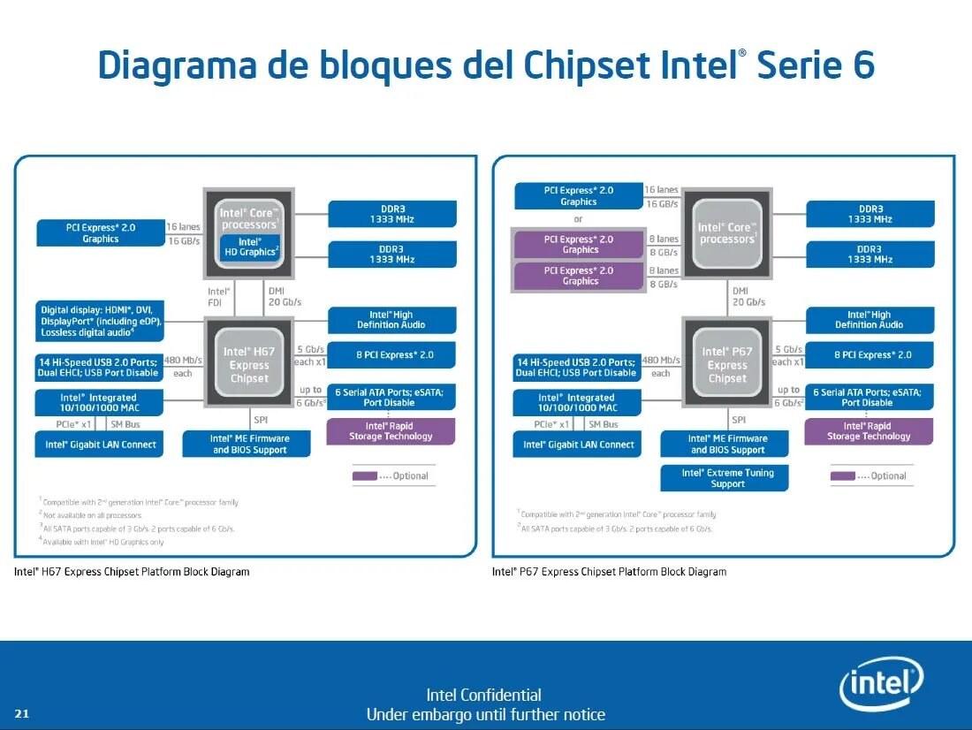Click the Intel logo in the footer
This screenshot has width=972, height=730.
click(881, 684)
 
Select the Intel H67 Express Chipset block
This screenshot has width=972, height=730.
click(249, 365)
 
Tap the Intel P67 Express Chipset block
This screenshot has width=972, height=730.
click(727, 365)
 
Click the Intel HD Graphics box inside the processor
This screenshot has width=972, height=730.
click(250, 247)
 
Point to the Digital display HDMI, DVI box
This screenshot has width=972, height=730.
click(100, 320)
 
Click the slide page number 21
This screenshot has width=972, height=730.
click(22, 714)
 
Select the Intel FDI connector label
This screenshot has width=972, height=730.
click(218, 296)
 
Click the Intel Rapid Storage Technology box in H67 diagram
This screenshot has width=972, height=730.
click(391, 431)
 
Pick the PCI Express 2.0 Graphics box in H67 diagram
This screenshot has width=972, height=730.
click(101, 233)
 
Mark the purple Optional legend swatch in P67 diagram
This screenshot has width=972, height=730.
click(843, 476)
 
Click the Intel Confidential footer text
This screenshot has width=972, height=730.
click(483, 695)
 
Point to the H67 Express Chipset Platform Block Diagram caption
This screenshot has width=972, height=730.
click(132, 572)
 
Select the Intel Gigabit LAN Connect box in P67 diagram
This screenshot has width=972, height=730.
click(579, 445)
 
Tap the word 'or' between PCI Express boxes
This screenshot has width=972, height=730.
click(578, 219)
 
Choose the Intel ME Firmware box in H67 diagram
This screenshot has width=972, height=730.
click(249, 444)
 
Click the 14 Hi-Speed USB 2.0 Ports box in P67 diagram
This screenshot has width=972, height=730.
click(577, 368)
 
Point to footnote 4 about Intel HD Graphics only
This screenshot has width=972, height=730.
click(103, 542)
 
